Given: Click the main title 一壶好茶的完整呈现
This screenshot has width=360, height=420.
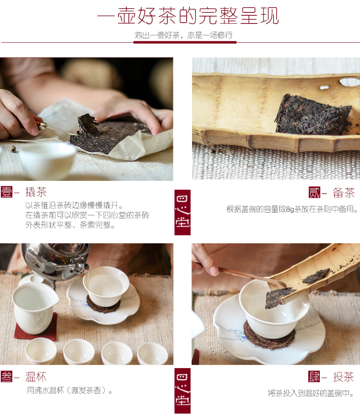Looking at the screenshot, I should click(x=188, y=16).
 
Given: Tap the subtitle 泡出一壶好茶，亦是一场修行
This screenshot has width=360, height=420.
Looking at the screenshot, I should click(x=185, y=35).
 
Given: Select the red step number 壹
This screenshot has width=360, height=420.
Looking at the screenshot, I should click(x=6, y=192).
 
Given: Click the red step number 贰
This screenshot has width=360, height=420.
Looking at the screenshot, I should click(x=314, y=192).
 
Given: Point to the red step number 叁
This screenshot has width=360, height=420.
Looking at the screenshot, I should click(x=6, y=376).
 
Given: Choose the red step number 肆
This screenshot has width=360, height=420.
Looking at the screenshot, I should click(x=314, y=376).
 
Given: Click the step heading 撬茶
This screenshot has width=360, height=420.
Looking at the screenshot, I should click(x=36, y=192).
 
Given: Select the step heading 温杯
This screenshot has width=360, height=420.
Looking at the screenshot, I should click(x=36, y=376).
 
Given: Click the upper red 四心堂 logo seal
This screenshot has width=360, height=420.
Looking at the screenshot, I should click(x=182, y=212).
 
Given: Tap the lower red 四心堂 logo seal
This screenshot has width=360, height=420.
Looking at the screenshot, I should click(x=182, y=390).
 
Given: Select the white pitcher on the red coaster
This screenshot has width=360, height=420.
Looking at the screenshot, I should click(x=34, y=307).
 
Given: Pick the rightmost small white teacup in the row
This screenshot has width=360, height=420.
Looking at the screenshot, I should click(x=153, y=354).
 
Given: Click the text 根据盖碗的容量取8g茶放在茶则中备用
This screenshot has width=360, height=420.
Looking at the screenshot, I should click(x=292, y=209).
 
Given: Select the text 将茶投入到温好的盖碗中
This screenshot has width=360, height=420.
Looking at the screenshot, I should click(x=311, y=393).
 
